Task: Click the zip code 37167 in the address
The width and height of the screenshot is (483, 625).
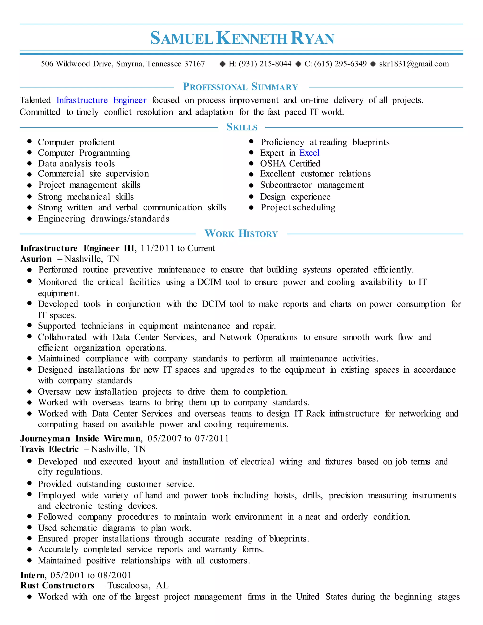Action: pos(194,64)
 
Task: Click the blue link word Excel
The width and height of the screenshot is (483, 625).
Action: pos(309,153)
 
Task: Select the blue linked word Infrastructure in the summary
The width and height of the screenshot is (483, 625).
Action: pos(82,100)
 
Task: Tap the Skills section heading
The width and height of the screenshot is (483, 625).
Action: pos(242,127)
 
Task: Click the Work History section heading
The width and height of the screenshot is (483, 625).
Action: pos(241,233)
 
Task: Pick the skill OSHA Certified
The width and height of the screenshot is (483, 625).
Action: pos(290,163)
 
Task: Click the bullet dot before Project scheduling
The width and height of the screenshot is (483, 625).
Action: pos(251,208)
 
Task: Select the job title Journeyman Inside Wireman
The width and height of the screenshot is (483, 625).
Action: pos(80,438)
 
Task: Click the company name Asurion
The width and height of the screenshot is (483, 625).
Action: pos(36,259)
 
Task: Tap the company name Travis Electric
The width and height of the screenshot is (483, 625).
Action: pos(49,449)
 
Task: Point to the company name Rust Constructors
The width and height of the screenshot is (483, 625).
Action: pos(57,586)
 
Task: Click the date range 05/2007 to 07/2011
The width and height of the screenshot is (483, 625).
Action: pos(188,438)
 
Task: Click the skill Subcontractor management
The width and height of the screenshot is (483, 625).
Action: pos(312,185)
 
